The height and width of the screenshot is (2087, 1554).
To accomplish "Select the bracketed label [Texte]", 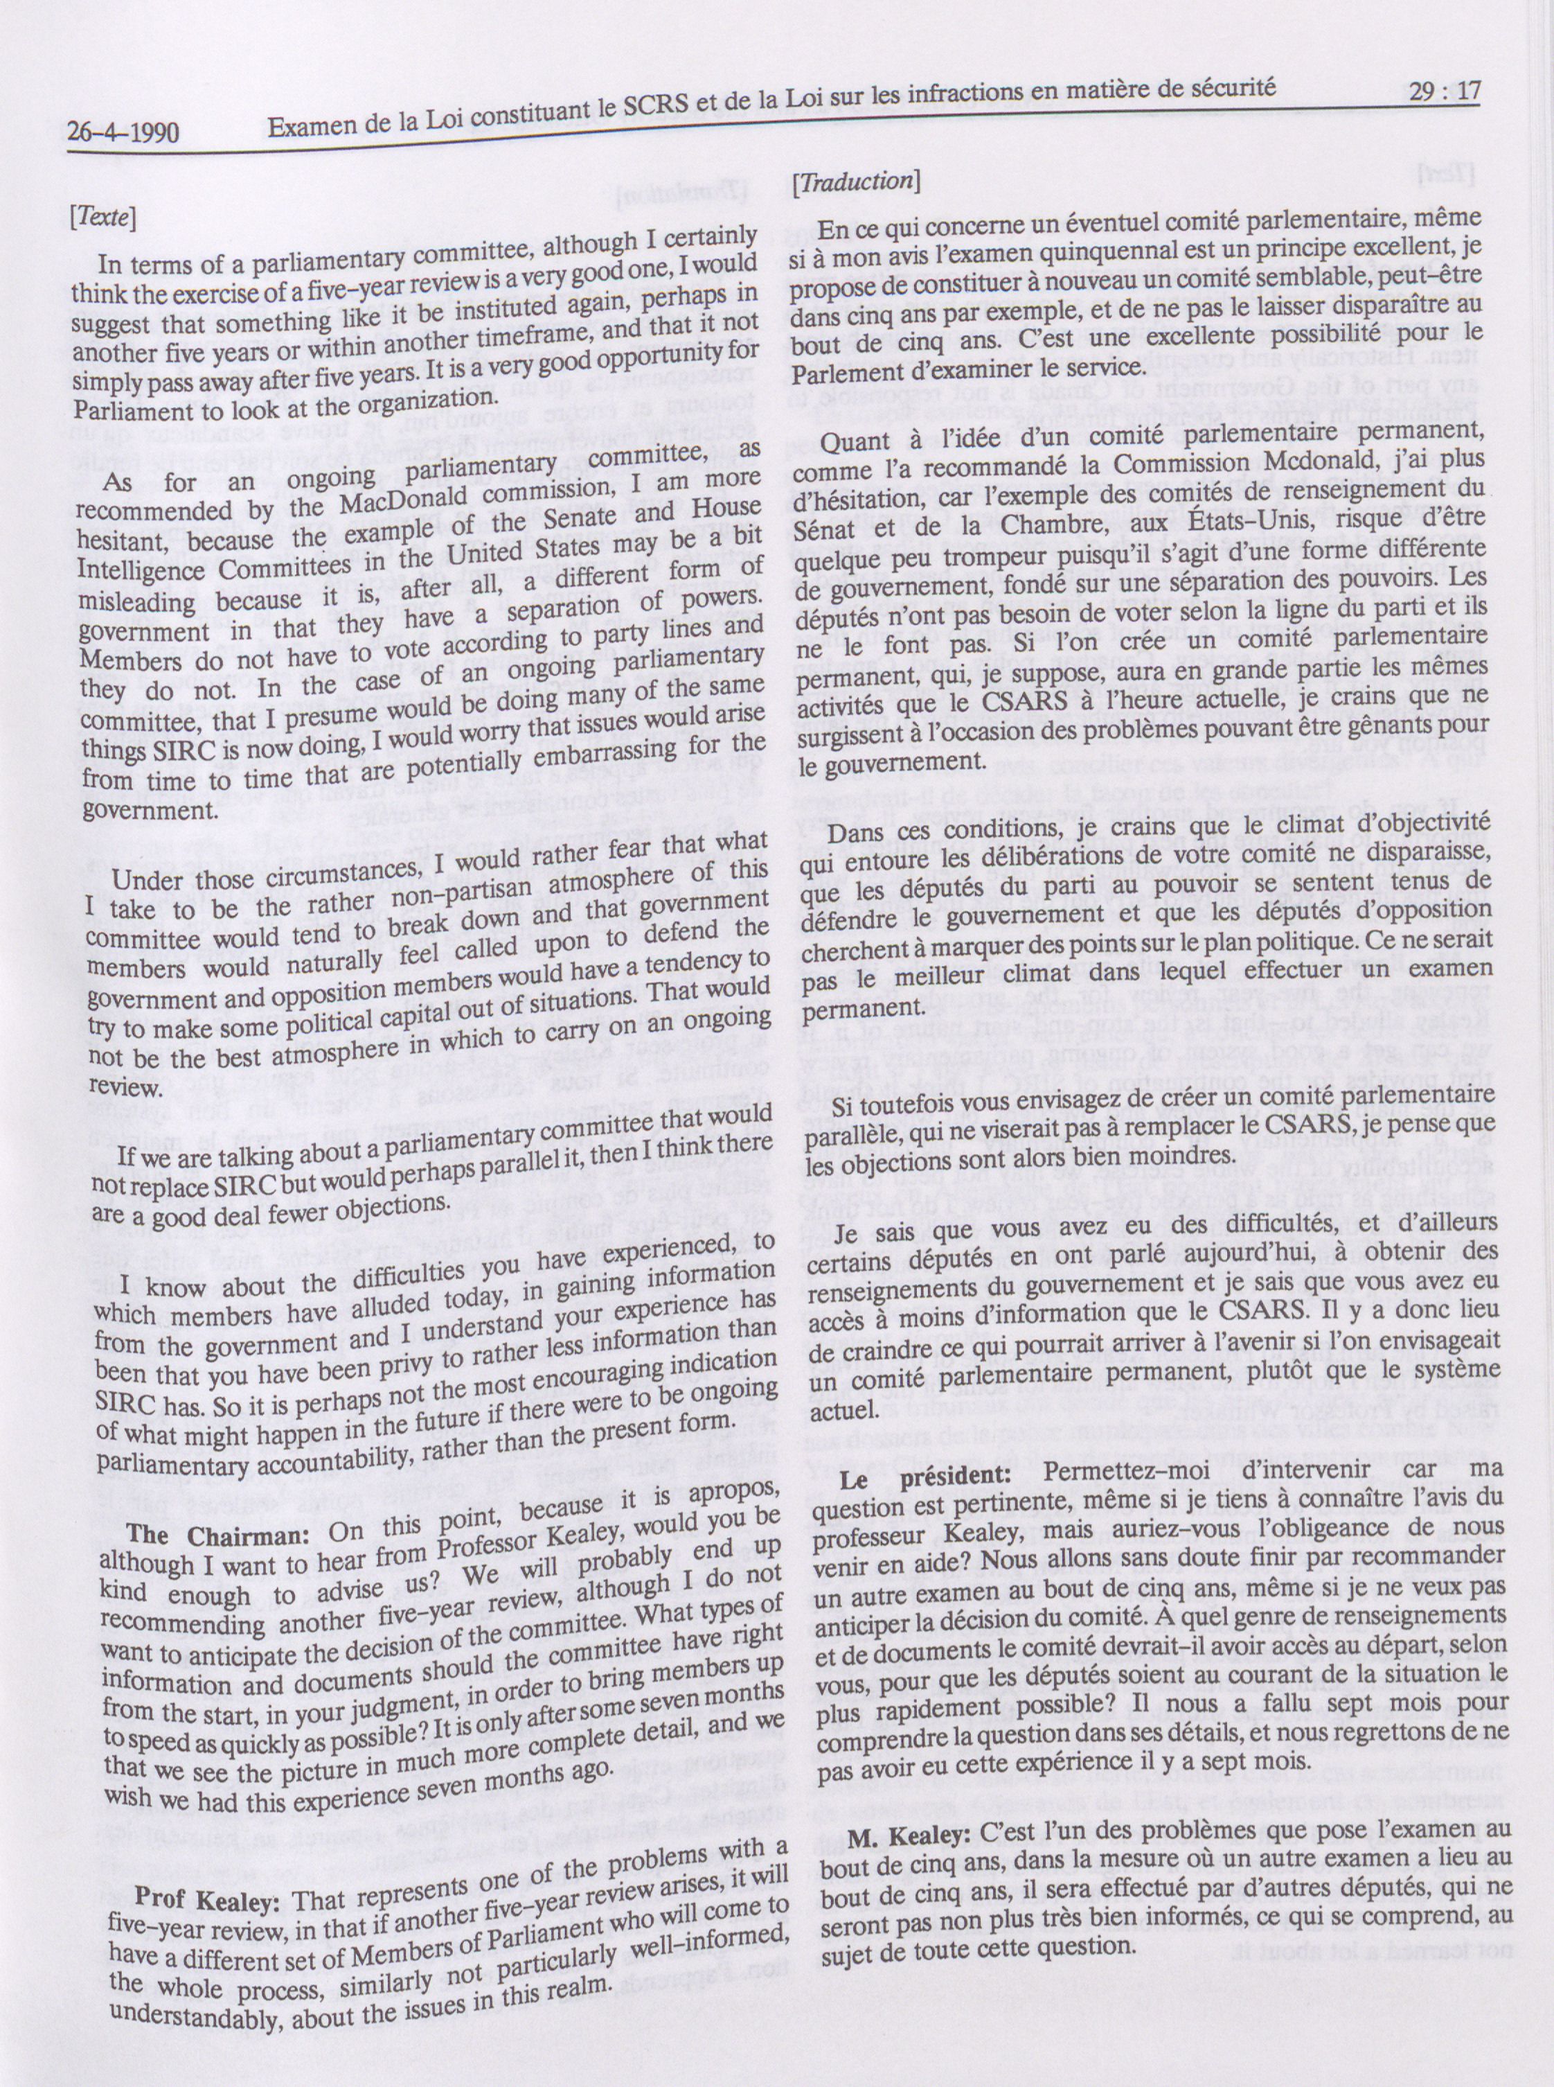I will coord(103,219).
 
